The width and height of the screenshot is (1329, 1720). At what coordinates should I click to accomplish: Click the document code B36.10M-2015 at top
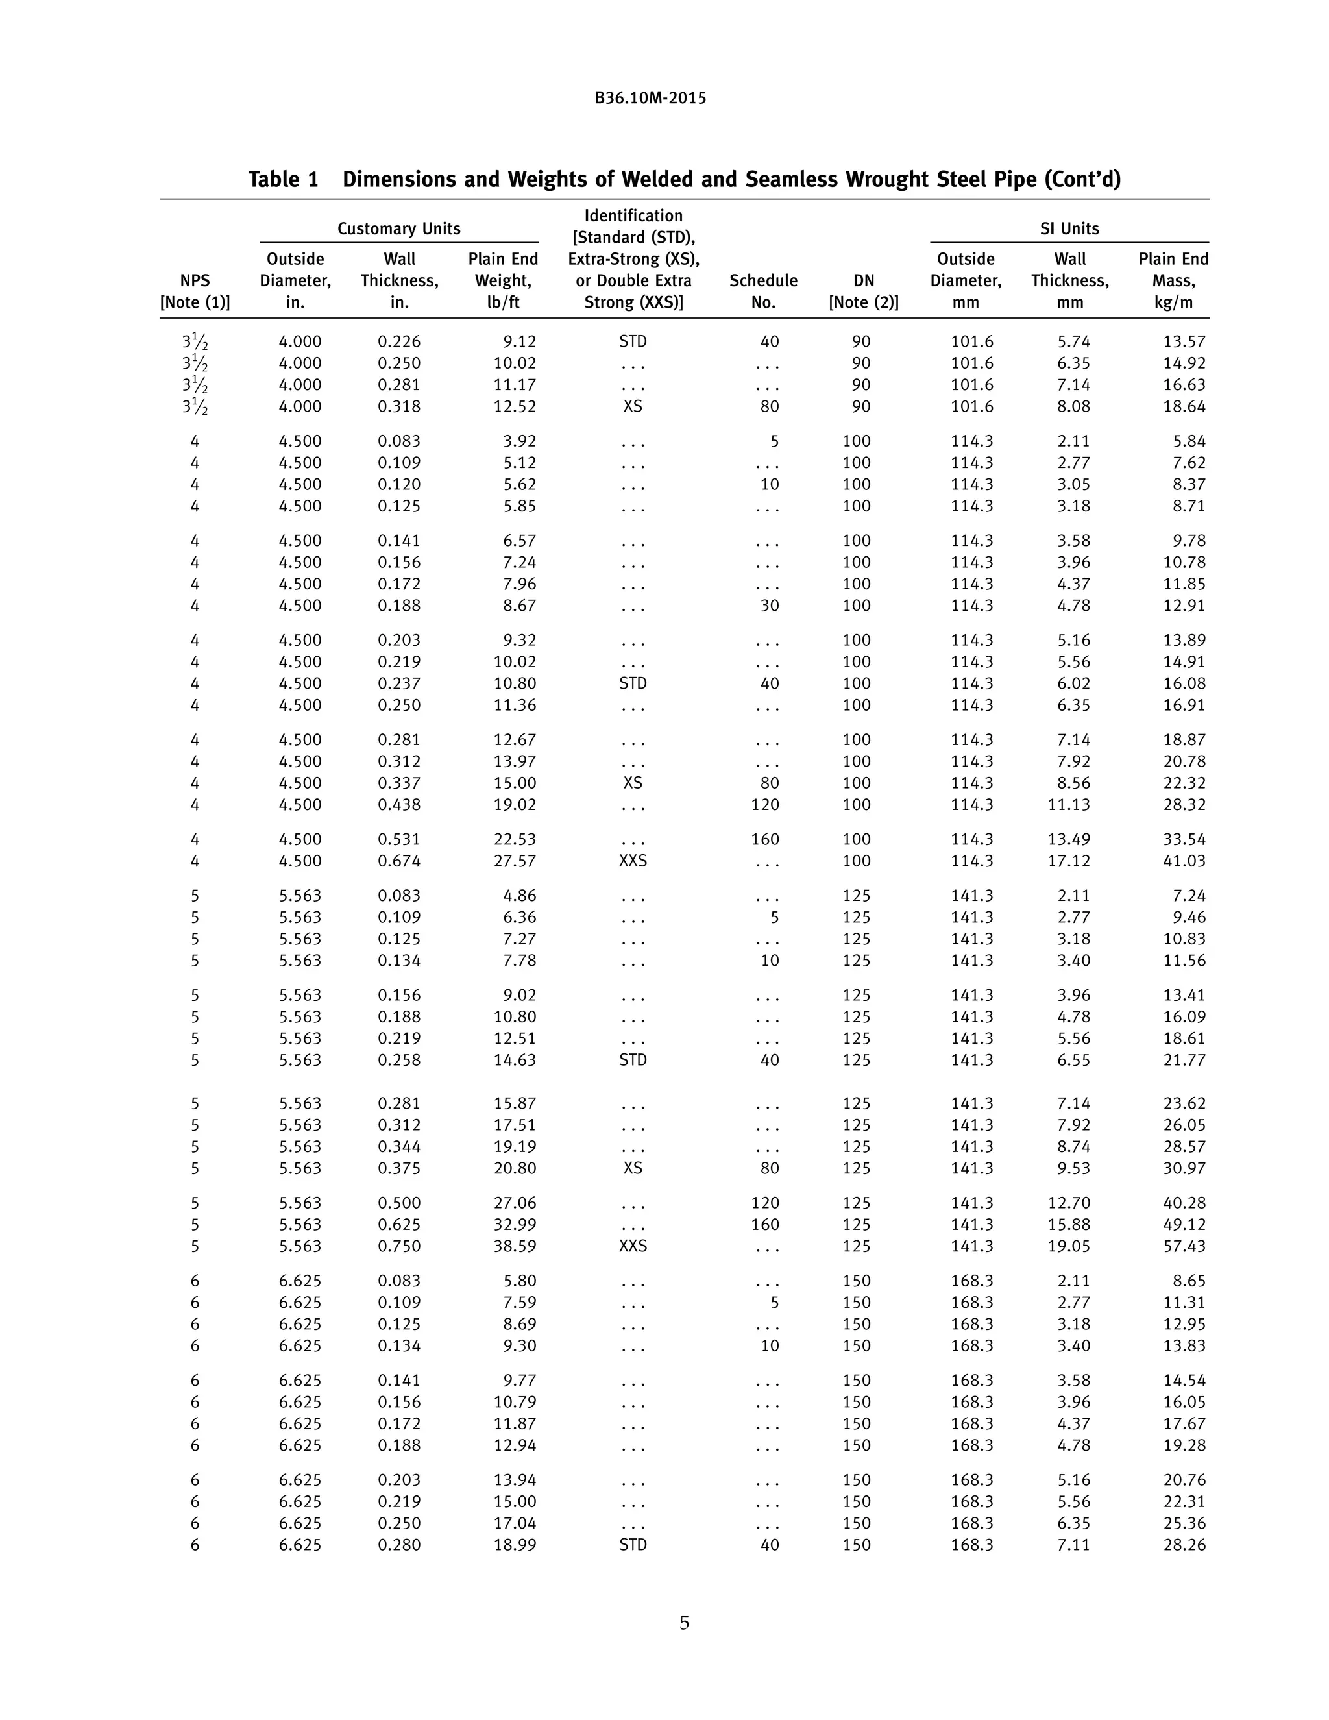650,99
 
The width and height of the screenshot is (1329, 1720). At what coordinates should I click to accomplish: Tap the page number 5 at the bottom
684,1623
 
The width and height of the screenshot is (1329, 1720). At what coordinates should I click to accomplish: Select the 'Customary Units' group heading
398,228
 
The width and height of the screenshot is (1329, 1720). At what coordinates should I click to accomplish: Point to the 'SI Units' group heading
1069,228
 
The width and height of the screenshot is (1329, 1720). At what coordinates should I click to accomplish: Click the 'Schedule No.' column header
763,291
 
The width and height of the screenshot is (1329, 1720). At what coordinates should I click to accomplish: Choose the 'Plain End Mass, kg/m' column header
1173,280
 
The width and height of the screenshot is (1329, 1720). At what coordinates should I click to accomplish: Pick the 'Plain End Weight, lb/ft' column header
503,280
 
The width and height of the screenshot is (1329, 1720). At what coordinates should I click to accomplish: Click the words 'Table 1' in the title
284,180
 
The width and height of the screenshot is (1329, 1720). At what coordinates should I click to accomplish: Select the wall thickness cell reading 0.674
399,861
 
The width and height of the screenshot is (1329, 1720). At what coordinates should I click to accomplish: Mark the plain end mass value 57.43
1184,1246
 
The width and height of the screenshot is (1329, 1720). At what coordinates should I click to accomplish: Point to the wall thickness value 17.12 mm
1068,861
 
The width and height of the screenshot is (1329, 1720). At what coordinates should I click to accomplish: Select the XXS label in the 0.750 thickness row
633,1246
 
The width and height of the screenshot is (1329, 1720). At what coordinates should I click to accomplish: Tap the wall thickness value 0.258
399,1060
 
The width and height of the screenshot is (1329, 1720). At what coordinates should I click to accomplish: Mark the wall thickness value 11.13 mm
1068,805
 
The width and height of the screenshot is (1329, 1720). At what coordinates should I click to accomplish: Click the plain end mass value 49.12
1184,1225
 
